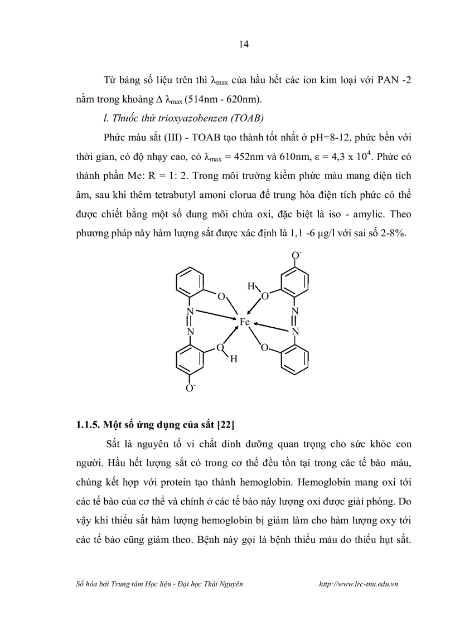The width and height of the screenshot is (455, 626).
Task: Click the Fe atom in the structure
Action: point(244,322)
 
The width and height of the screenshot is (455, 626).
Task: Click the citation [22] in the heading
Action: point(225,425)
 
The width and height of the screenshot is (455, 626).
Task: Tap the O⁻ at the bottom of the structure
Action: point(191,387)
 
